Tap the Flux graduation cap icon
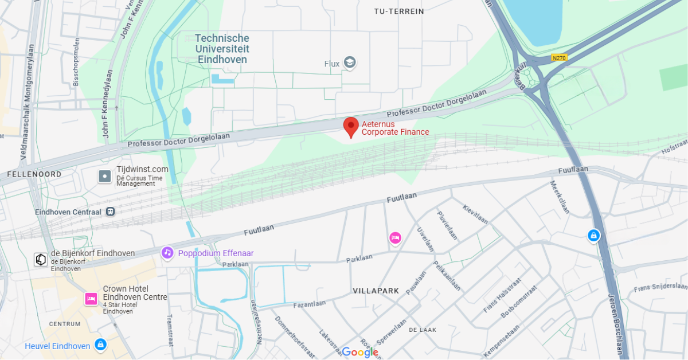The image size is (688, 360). pyautogui.click(x=349, y=62)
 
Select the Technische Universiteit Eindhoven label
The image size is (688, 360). pyautogui.click(x=222, y=49)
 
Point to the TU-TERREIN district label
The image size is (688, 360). pyautogui.click(x=398, y=11)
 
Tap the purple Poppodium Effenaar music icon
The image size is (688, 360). pyautogui.click(x=167, y=253)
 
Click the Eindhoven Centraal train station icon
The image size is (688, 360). pyautogui.click(x=110, y=212)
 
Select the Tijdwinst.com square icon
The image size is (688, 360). pyautogui.click(x=104, y=176)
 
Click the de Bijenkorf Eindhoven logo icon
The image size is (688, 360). pyautogui.click(x=41, y=260)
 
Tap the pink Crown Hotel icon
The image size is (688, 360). pyautogui.click(x=91, y=299)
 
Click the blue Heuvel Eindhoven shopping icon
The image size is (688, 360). pyautogui.click(x=101, y=345)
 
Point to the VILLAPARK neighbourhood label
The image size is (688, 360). pyautogui.click(x=376, y=291)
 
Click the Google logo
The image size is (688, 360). pyautogui.click(x=360, y=352)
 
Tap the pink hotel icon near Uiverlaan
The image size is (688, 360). pyautogui.click(x=395, y=238)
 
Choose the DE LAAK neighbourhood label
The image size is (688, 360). pyautogui.click(x=422, y=330)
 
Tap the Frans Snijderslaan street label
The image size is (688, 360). pyautogui.click(x=660, y=288)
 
